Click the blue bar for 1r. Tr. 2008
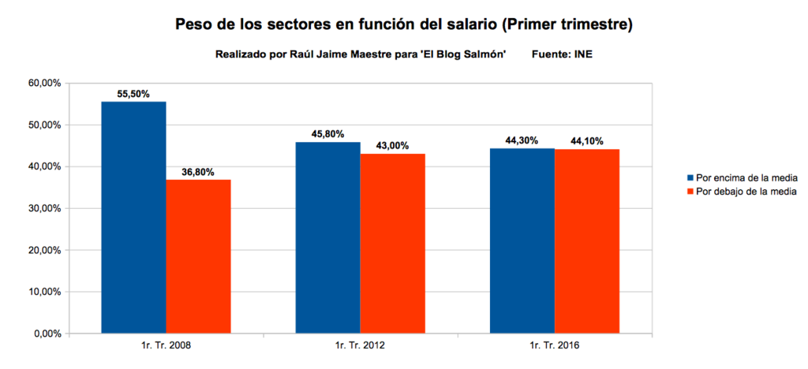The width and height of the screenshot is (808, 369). [x=133, y=218]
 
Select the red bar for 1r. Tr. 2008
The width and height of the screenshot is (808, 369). [x=198, y=256]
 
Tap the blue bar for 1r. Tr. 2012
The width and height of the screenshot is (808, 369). [x=327, y=237]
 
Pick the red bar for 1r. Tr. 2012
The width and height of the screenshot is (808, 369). [x=392, y=244]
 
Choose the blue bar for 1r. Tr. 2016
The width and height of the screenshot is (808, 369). [x=522, y=240]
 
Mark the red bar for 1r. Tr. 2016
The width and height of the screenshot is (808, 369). [x=586, y=241]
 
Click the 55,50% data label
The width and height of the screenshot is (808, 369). [x=133, y=93]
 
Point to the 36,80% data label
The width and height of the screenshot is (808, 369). [x=197, y=172]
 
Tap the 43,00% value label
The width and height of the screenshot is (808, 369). [x=392, y=146]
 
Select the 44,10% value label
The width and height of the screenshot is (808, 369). [x=585, y=141]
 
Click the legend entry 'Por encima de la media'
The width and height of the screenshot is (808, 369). [x=745, y=178]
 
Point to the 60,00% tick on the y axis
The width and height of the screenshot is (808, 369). [x=46, y=84]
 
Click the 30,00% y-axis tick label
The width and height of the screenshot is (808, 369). [x=46, y=208]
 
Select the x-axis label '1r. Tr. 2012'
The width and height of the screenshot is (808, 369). [x=360, y=345]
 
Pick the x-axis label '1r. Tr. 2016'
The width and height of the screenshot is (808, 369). [x=554, y=345]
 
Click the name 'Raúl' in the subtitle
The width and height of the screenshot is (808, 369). [x=305, y=54]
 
